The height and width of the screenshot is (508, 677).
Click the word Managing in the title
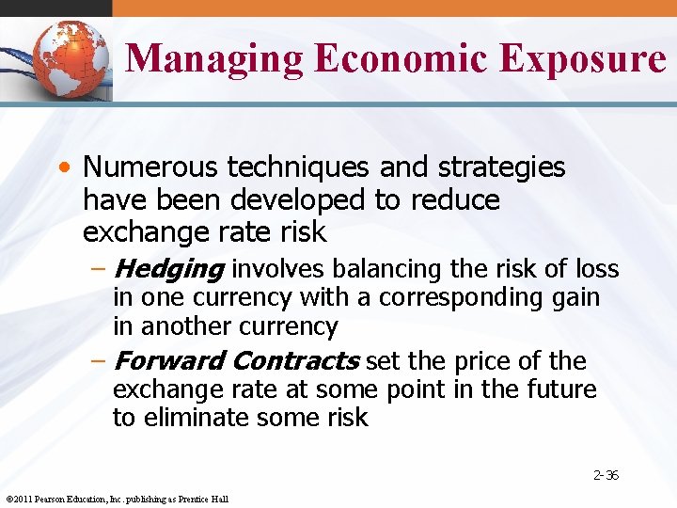coord(214,58)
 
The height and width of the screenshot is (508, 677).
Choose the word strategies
coord(503,167)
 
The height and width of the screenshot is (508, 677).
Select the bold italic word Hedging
coord(168,270)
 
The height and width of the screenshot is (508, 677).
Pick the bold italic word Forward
coord(168,361)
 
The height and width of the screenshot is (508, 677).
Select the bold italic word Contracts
coord(295,361)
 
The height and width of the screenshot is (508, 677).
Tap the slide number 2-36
coord(606,475)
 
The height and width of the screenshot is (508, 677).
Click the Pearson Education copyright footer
coord(117,499)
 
